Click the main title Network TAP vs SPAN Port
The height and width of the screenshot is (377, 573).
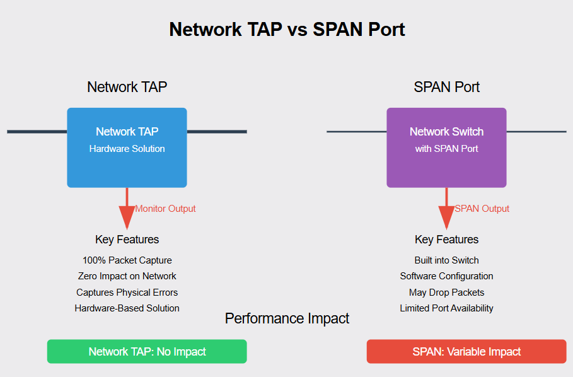(287, 30)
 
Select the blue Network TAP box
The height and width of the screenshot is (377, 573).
(127, 148)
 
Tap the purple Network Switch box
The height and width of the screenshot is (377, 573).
(446, 148)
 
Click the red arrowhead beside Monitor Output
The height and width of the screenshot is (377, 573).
(127, 218)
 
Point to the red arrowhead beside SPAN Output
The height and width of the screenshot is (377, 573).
(446, 218)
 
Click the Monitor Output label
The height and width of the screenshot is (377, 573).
(165, 209)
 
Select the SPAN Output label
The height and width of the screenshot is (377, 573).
(482, 209)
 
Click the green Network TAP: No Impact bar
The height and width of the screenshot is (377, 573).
(147, 352)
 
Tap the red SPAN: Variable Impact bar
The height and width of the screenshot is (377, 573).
(466, 352)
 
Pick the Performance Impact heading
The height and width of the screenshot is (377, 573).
(287, 318)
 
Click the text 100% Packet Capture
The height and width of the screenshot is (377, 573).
(127, 260)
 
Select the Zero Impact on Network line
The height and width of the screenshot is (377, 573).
(127, 276)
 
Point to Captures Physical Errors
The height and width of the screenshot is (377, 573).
(127, 293)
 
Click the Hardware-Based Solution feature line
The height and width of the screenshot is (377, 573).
(127, 308)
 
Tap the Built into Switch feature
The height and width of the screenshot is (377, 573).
(446, 260)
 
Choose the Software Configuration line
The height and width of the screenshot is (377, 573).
(446, 276)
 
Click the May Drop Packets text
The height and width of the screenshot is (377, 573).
(446, 293)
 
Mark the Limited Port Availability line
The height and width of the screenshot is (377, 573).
(446, 308)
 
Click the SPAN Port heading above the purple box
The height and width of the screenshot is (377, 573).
(446, 87)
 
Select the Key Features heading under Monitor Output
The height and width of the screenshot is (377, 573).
(127, 240)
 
